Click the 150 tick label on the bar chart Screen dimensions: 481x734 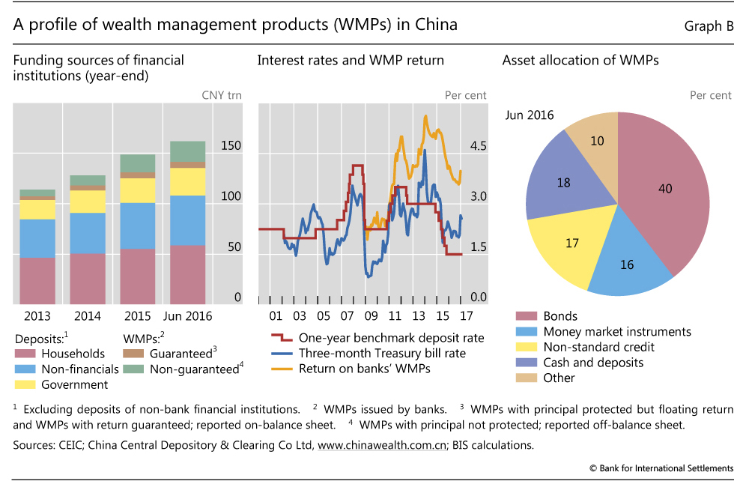coord(231,146)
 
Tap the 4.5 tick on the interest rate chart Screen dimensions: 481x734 coord(477,146)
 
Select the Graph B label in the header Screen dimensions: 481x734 coord(708,26)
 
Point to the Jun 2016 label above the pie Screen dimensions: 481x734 coord(530,115)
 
